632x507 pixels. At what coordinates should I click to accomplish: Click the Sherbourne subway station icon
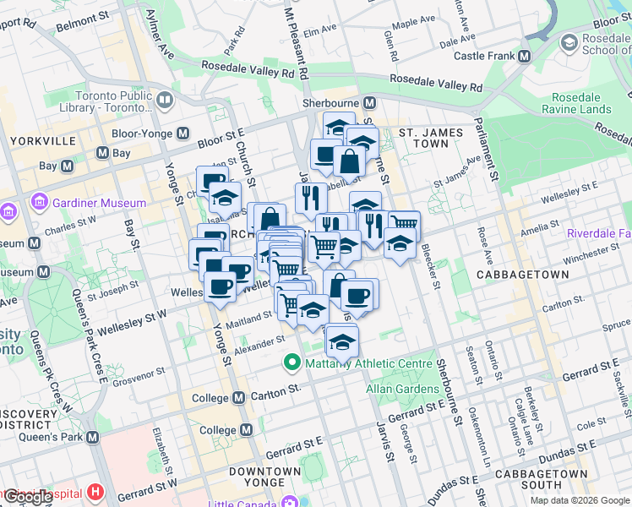coord(369,103)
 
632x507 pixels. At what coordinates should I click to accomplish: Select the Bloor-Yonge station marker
coord(183,134)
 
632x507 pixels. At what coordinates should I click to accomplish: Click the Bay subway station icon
coord(102,153)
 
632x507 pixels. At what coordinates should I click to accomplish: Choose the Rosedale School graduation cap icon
coord(569,42)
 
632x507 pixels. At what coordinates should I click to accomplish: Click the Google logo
coord(29,497)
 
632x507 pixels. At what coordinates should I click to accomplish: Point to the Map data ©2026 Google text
coord(579,500)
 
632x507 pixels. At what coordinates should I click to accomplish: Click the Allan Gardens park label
coord(402,389)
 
